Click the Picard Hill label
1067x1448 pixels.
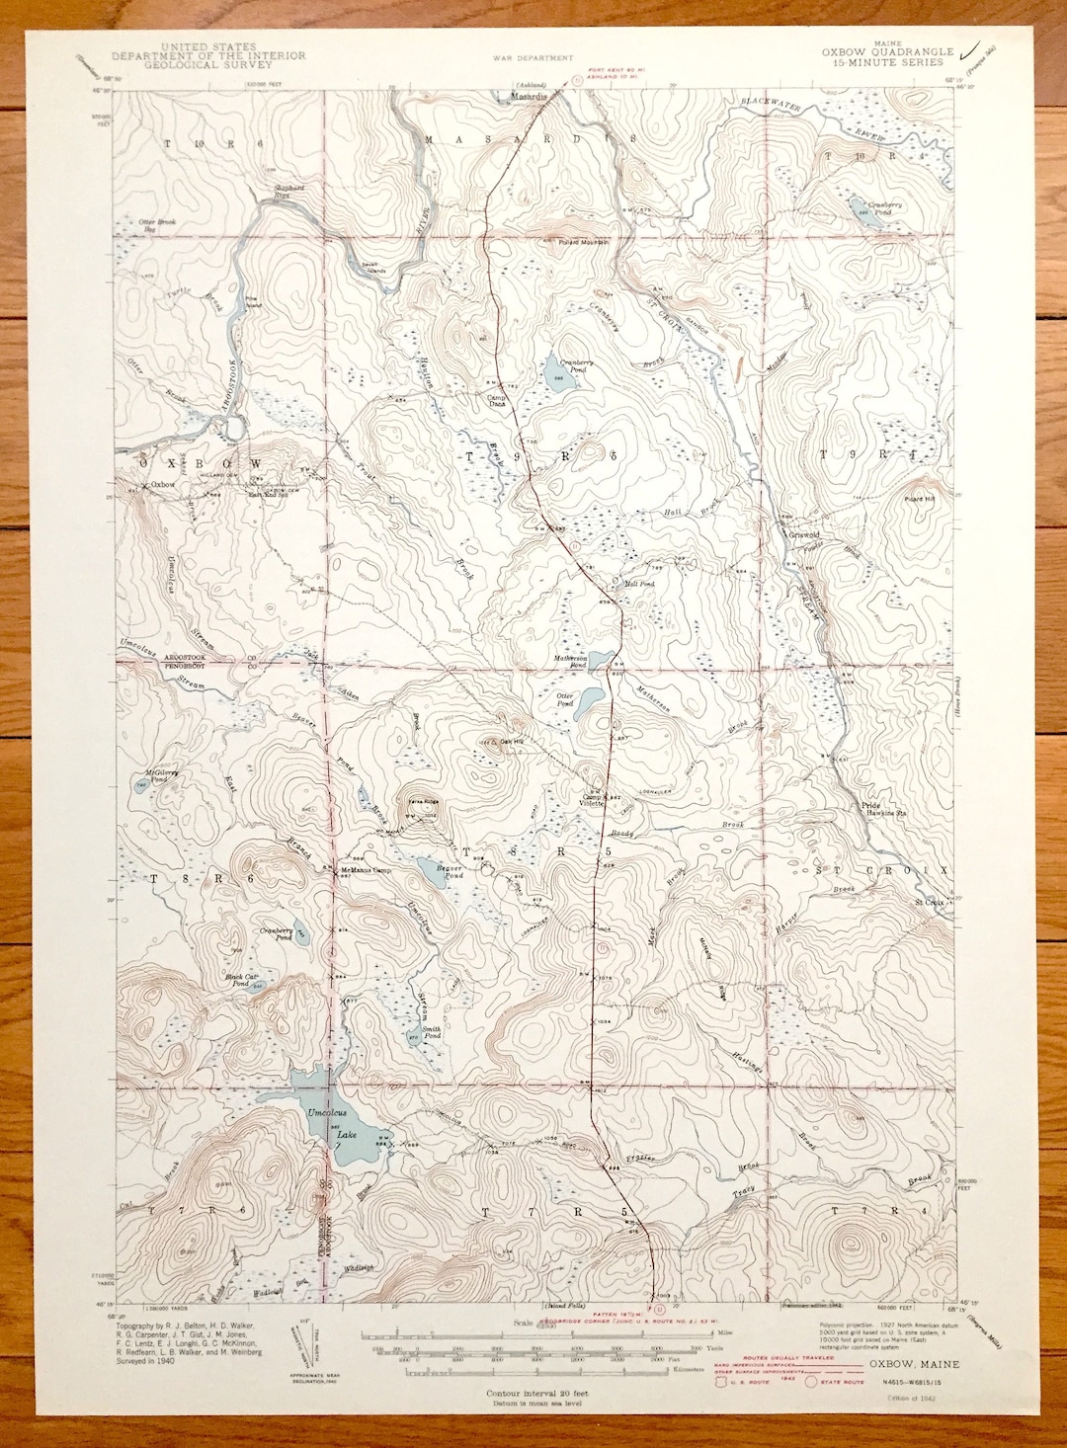pos(919,500)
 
